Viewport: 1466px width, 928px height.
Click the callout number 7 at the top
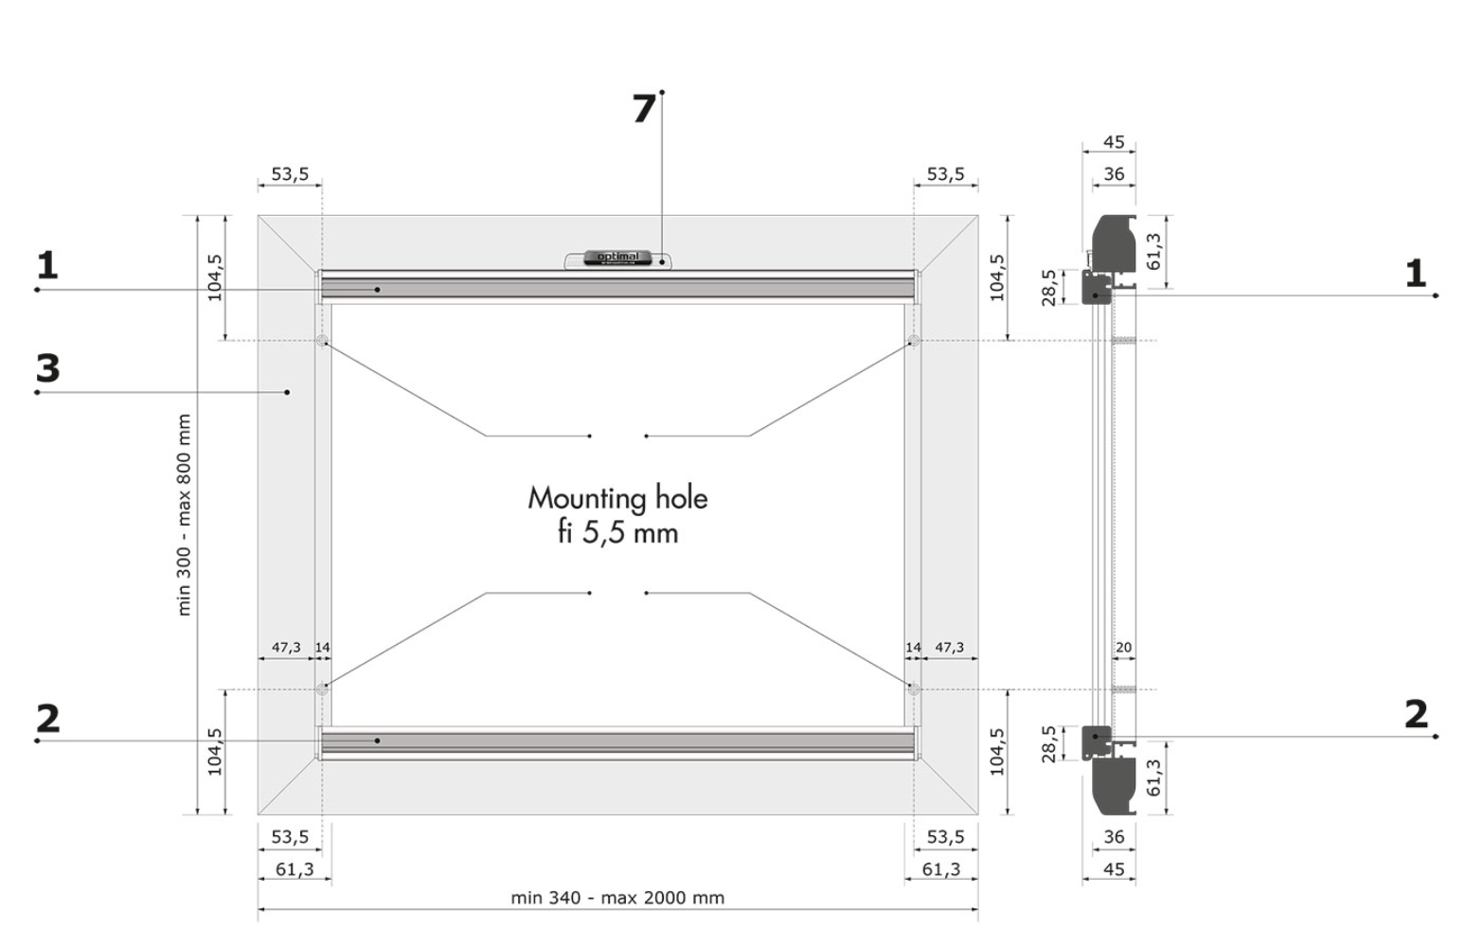click(644, 108)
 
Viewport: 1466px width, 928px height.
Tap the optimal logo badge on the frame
click(618, 259)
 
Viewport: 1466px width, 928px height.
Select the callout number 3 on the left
click(47, 367)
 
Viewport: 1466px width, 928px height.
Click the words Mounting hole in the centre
click(617, 499)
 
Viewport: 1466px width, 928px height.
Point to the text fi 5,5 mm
click(617, 533)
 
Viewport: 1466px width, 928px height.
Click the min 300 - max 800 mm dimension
click(184, 514)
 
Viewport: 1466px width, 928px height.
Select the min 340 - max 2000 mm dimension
click(617, 898)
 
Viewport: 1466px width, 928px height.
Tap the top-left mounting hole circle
click(322, 340)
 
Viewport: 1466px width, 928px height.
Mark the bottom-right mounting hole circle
click(914, 689)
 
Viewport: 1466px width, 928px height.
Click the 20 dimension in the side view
click(1124, 648)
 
